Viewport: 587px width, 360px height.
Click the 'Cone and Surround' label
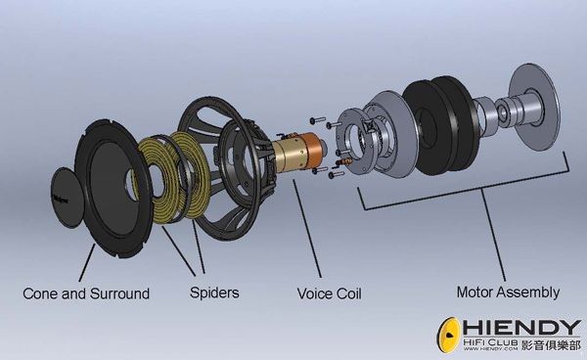(86, 293)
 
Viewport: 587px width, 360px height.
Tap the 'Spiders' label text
(214, 292)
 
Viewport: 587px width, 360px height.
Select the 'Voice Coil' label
(330, 293)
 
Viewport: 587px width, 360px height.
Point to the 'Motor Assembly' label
(508, 292)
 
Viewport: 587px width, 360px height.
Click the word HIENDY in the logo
(521, 328)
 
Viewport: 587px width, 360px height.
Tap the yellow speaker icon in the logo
(448, 335)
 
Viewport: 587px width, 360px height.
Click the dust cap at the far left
(68, 198)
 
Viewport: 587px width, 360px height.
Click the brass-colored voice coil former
(288, 156)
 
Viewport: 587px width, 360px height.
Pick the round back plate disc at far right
(534, 107)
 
